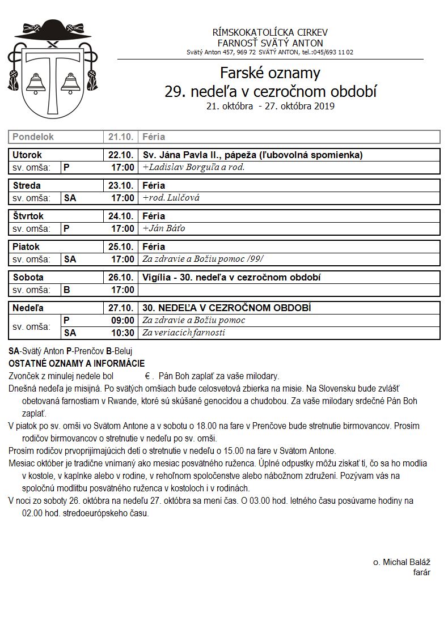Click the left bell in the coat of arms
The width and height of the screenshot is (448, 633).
[x=36, y=83]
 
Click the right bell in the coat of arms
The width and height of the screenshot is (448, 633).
[x=70, y=83]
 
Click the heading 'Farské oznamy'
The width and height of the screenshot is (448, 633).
[x=270, y=73]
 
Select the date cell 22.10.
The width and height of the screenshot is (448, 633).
[x=121, y=155]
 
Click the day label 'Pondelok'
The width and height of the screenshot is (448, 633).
[x=33, y=137]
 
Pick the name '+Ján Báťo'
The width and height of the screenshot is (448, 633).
[x=164, y=228]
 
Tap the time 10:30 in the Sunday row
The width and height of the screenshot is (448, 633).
[x=122, y=333]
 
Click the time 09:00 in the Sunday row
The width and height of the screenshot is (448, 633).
[x=122, y=320]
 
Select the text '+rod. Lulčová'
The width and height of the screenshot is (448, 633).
[x=171, y=198]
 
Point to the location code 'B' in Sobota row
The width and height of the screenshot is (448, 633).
[x=67, y=290]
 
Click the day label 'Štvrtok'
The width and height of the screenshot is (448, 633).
[x=28, y=216]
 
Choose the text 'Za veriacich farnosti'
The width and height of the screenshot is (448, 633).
[x=184, y=333]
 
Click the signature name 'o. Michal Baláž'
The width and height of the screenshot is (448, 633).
[x=401, y=562]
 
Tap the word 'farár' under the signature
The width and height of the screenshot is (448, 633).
[x=421, y=572]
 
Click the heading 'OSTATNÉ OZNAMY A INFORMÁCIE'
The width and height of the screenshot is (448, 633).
[x=77, y=363]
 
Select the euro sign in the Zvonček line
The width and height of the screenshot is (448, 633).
[x=147, y=376]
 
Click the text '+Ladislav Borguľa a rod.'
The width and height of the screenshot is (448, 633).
[x=193, y=167]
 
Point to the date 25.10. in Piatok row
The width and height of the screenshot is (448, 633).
[x=121, y=247]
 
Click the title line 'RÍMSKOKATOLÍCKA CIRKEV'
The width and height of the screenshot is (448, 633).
[x=270, y=32]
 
